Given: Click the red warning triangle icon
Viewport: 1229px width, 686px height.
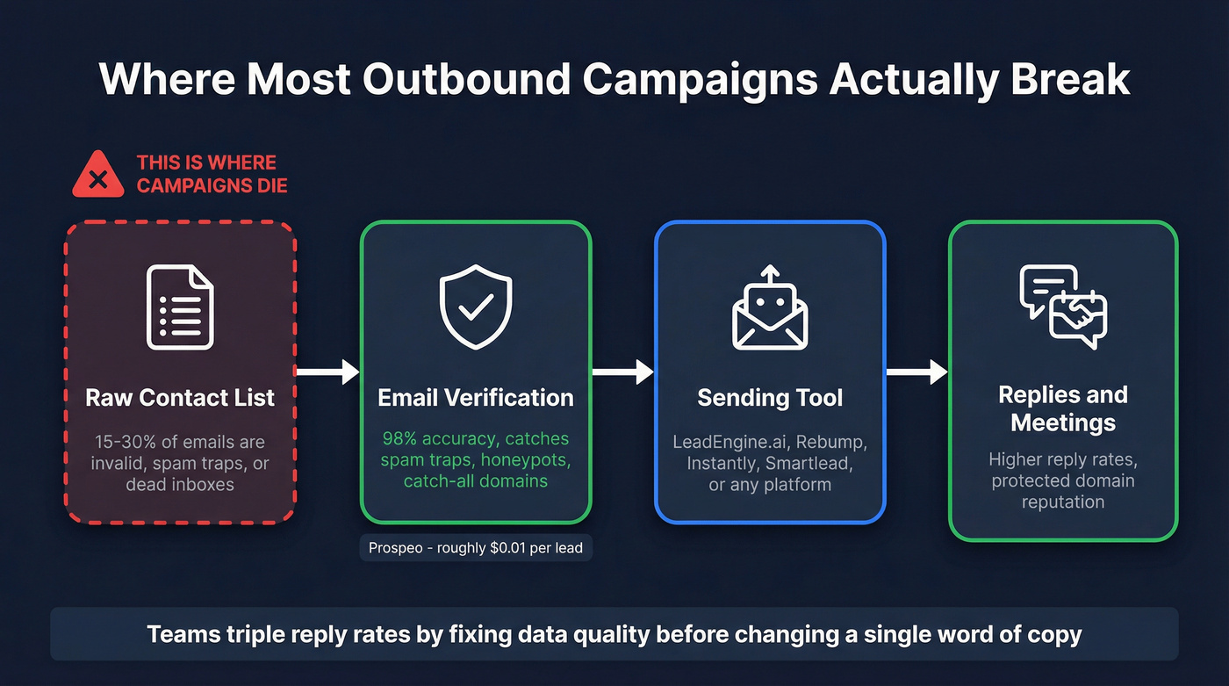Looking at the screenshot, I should pos(98,175).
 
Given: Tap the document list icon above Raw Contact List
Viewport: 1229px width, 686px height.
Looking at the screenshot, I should pos(180,307).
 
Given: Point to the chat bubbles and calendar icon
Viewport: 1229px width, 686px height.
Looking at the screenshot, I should pos(1063,307).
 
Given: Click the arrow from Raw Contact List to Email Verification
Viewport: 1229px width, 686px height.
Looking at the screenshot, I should pos(327,372).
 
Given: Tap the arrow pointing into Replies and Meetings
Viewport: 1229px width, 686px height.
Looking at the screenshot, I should pos(916,372).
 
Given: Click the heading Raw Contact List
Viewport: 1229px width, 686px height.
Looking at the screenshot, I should pos(180,398).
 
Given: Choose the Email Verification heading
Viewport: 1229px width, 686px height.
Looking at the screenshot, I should pos(475,398).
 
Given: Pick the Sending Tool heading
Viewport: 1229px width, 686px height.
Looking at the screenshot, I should pos(770,398).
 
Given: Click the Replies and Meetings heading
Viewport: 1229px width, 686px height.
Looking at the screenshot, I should pos(1063,408).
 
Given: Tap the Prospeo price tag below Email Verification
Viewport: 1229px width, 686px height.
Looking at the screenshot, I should pos(476,548).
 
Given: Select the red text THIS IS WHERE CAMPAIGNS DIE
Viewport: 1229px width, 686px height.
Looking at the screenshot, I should pos(212,174).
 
